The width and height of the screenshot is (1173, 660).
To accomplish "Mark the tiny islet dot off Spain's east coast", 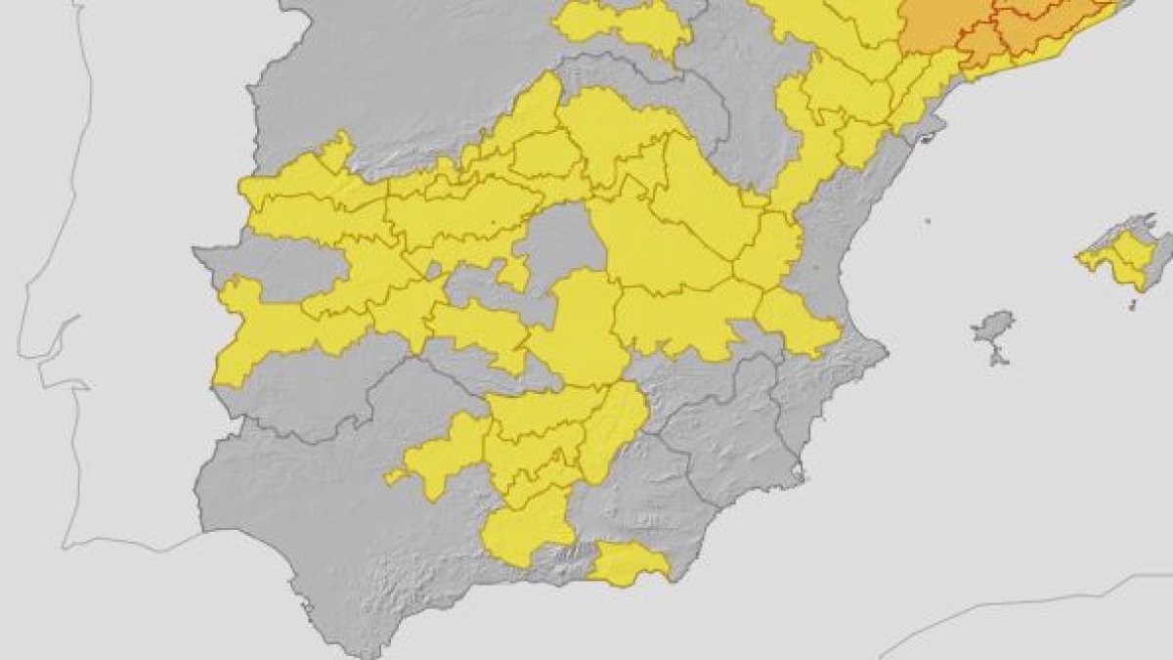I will pos(925,224).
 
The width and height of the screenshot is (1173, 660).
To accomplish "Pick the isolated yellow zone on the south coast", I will pos(630,563).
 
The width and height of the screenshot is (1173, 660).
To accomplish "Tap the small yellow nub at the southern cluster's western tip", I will pos(393,476).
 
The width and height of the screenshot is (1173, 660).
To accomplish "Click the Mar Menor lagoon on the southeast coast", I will pos(800,475).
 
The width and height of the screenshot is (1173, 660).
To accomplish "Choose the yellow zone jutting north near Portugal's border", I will pos(337,152).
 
